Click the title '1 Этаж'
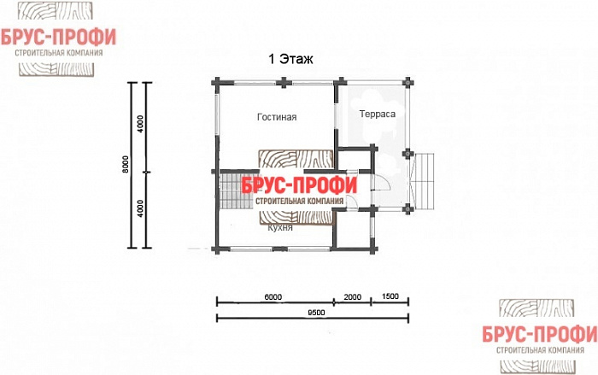290,60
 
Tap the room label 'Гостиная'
276,117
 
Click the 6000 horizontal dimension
273,296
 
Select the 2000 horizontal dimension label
353,296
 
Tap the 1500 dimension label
390,296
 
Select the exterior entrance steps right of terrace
424,182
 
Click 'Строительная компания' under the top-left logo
61,52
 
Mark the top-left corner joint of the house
215,83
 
